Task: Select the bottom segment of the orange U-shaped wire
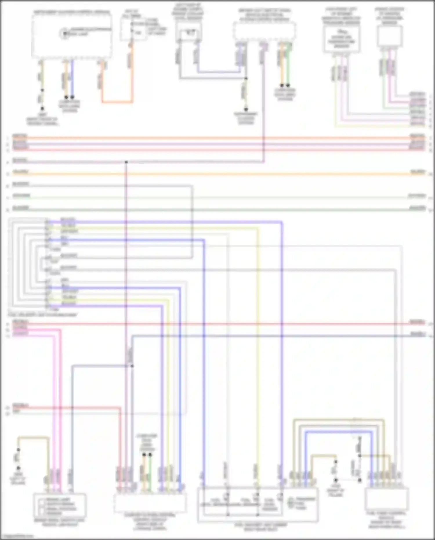tap(117, 102)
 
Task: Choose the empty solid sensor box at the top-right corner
tap(390, 36)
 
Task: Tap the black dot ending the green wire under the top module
tap(288, 86)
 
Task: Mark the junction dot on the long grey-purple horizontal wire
tap(126, 162)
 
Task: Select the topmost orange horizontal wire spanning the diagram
tap(217, 138)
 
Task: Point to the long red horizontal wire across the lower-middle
tap(217, 324)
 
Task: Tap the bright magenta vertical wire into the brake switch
tap(60, 406)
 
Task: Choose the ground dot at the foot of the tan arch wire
tap(18, 468)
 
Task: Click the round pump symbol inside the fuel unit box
tap(291, 503)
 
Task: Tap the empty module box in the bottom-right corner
tap(387, 500)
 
